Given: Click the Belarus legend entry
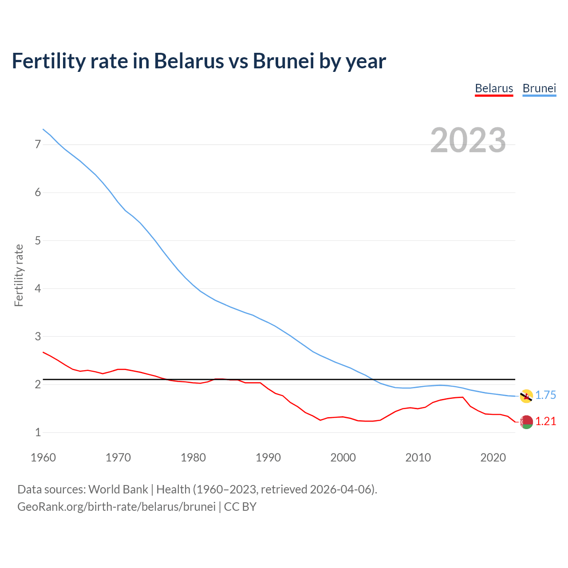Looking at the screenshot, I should click(494, 88).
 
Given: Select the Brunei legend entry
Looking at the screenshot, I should click(539, 88).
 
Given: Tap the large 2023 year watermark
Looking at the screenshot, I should click(468, 140).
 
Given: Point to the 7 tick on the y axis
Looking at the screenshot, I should click(38, 145).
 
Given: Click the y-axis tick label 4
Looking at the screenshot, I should click(38, 288).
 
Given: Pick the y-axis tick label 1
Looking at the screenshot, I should click(38, 432).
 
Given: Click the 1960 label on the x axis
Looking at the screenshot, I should click(43, 458).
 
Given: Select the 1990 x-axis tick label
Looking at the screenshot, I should click(268, 458).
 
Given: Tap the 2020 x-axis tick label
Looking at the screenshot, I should click(493, 458).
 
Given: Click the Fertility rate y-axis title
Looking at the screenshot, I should click(19, 275).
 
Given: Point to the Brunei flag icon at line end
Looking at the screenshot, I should click(526, 396).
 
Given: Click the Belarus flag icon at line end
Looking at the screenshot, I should click(526, 422).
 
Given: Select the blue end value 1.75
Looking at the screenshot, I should click(545, 395).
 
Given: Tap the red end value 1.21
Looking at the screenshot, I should click(545, 422).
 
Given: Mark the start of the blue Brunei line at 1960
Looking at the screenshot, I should click(43, 129).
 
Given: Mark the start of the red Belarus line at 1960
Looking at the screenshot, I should click(43, 352).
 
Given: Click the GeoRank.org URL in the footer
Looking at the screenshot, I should click(116, 507).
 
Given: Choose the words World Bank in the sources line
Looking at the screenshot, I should click(118, 489).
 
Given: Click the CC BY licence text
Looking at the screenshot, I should click(240, 507).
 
